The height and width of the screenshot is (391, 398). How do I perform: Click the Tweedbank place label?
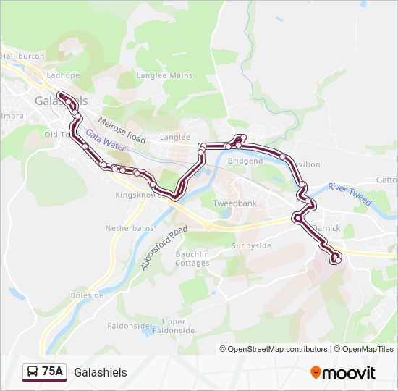(x=234, y=203)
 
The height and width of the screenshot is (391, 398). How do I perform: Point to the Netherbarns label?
(x=130, y=227)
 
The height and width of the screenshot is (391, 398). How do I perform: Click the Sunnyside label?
(x=250, y=246)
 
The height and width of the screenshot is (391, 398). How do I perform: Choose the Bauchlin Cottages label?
(x=192, y=258)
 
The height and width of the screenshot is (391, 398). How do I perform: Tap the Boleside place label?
(x=88, y=295)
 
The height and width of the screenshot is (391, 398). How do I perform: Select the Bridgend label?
(x=245, y=161)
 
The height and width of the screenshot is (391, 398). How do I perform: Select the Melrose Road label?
(x=122, y=130)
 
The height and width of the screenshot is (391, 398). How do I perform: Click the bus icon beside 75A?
(x=33, y=372)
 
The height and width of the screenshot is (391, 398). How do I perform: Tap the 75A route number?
(x=52, y=372)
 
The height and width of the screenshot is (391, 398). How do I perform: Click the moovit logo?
(x=343, y=372)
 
